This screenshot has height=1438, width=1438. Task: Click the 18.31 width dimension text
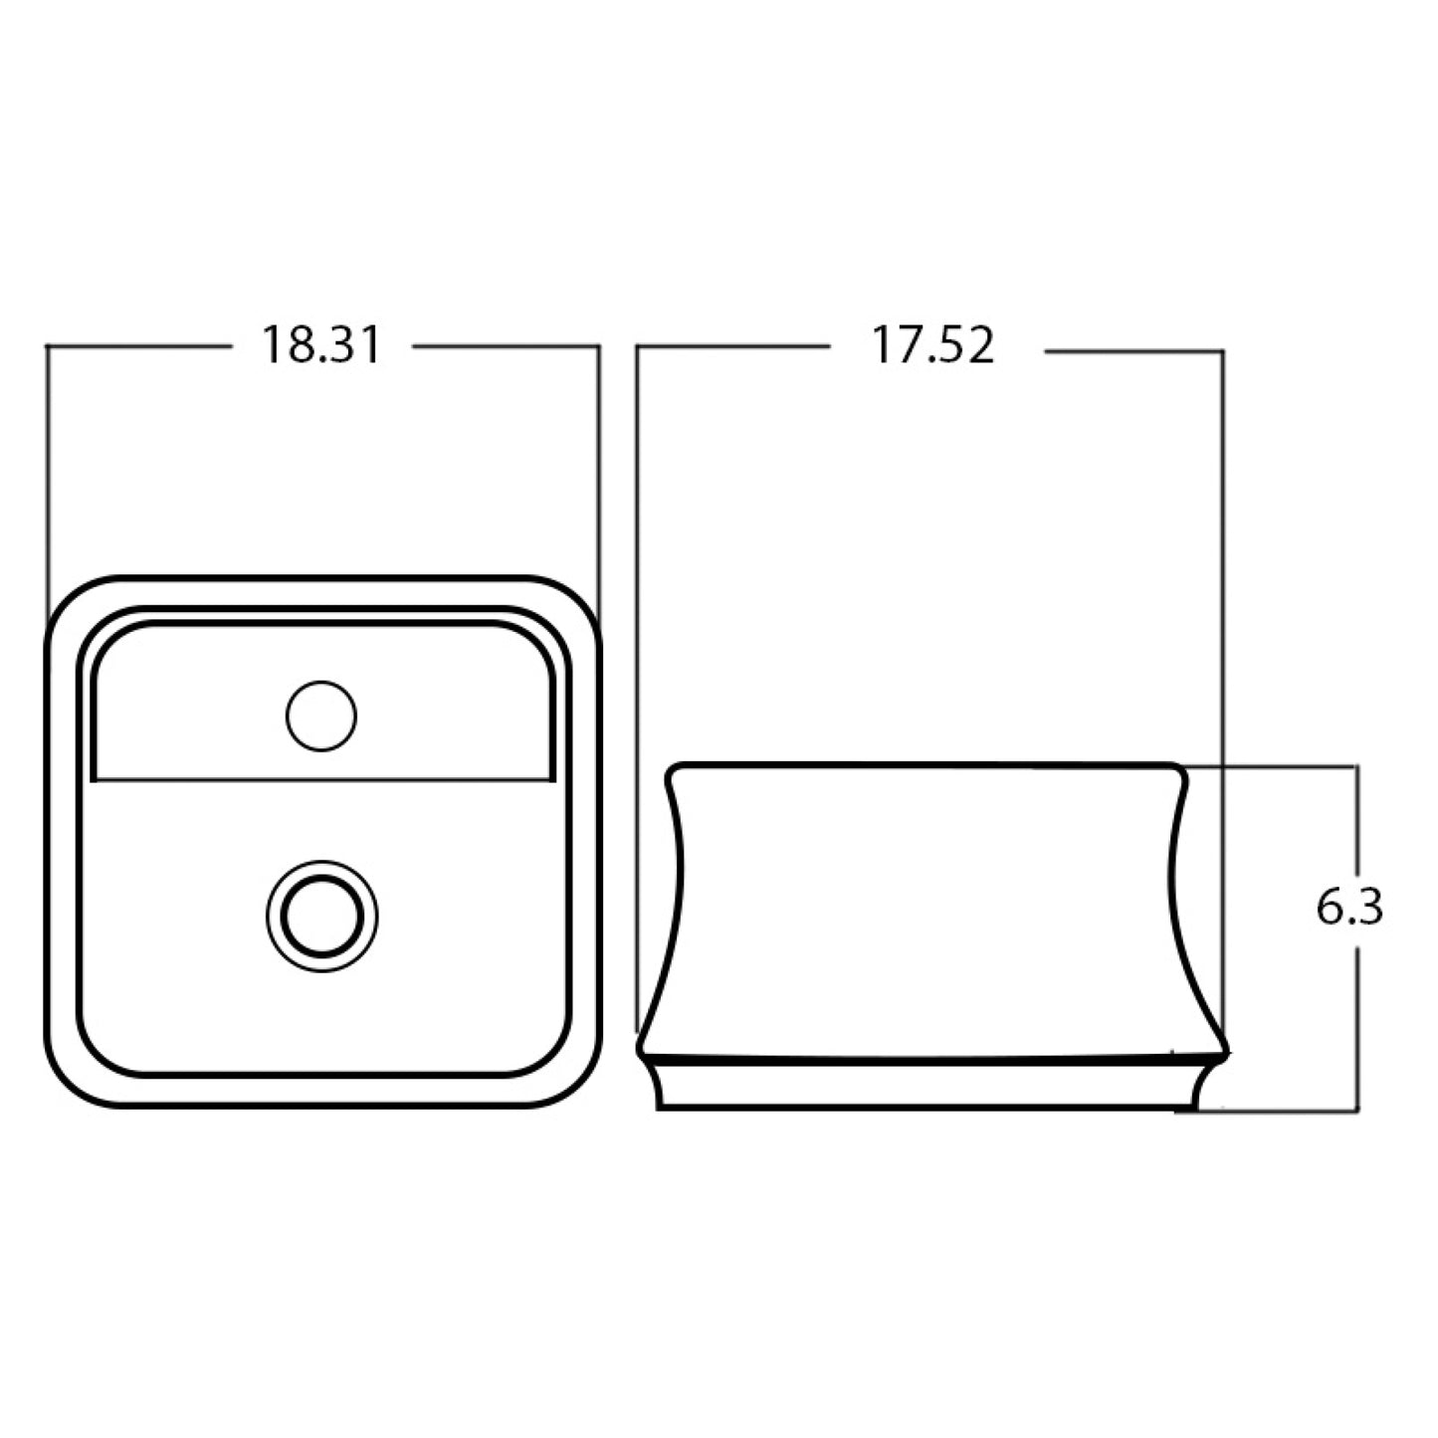pyautogui.click(x=320, y=346)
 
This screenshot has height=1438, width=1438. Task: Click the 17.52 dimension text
pyautogui.click(x=932, y=346)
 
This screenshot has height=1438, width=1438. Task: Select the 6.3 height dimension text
pyautogui.click(x=1349, y=909)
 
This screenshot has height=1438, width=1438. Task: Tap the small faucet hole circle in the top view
pyautogui.click(x=320, y=716)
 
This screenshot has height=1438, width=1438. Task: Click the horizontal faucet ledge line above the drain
pyautogui.click(x=320, y=778)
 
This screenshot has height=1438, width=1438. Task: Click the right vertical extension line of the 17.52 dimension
pyautogui.click(x=1222, y=557)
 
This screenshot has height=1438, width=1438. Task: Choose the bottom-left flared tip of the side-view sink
pyautogui.click(x=642, y=1049)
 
